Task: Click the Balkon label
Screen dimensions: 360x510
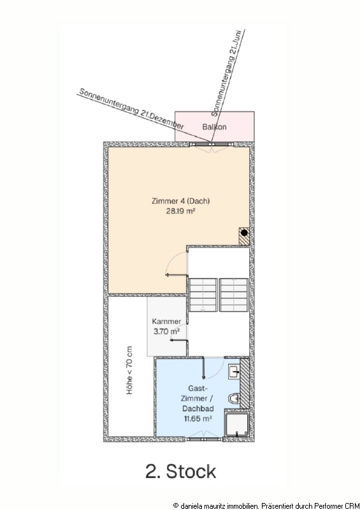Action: pos(214,126)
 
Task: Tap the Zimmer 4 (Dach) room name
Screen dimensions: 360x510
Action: pos(180,201)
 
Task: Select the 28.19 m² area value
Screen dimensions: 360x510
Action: pos(180,211)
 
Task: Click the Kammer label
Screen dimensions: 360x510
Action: pos(166,321)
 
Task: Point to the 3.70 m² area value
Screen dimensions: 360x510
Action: pos(166,331)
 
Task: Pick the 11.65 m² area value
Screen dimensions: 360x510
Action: pos(198,418)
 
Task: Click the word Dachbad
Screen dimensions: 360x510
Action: pos(198,409)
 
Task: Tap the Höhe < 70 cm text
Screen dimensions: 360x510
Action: pos(130,370)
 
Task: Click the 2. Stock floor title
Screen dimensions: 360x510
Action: pos(180,471)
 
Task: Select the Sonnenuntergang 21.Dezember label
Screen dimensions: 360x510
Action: pos(132,109)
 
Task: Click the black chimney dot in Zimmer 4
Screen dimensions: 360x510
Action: pos(244,233)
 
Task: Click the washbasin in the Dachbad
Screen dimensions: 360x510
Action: pos(234,372)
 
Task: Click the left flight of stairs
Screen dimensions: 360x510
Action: pos(203,295)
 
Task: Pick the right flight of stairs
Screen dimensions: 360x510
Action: pos(234,295)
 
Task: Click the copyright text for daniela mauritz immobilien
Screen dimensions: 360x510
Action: pos(266,506)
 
